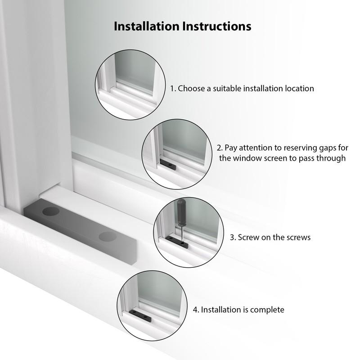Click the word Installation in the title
click(x=146, y=26)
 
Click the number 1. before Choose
click(x=173, y=88)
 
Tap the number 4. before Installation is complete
click(x=196, y=310)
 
